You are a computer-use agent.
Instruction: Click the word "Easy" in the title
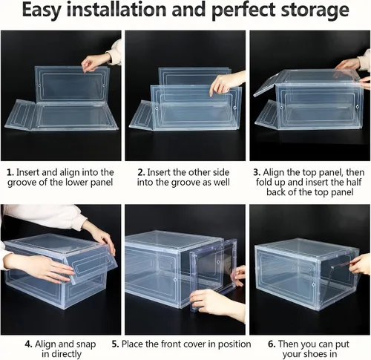point(42,10)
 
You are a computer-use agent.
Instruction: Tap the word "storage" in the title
point(315,10)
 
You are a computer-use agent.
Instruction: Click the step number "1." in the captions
point(10,172)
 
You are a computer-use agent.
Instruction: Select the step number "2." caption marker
point(141,172)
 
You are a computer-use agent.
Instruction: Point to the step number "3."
point(257,172)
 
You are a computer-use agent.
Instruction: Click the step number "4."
point(29,344)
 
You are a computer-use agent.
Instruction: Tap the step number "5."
point(115,344)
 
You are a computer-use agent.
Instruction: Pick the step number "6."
point(272,344)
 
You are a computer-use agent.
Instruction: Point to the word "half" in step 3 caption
point(352,182)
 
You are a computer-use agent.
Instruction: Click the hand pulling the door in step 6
point(360,264)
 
